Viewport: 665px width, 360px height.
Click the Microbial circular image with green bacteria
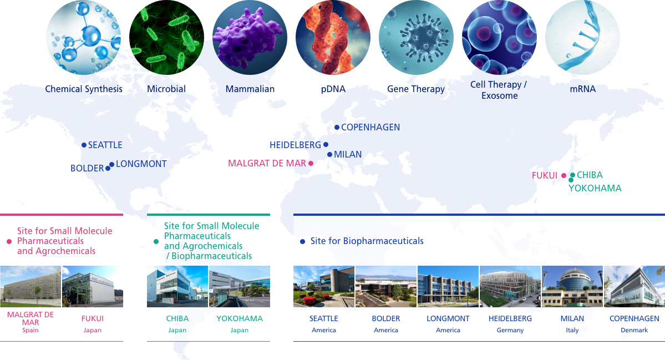click(x=166, y=37)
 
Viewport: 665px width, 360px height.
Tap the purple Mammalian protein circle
click(x=250, y=37)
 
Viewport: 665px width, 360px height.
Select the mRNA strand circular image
click(x=582, y=37)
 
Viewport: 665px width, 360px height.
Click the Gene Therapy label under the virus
click(x=415, y=89)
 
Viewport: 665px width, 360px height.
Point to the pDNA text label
click(x=333, y=89)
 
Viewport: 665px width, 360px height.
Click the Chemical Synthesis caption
click(x=84, y=89)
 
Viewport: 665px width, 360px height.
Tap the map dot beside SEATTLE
click(x=84, y=145)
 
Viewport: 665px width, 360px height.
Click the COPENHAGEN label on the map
click(x=370, y=127)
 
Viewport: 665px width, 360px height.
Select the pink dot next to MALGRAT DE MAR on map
click(x=311, y=163)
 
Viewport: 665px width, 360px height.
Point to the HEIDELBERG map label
click(x=295, y=145)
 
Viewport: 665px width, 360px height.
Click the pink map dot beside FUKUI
click(x=564, y=175)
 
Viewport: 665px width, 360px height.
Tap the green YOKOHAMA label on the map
click(x=595, y=188)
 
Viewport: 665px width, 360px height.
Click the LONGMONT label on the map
click(x=141, y=164)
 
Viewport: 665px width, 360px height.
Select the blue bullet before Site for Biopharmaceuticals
click(x=302, y=242)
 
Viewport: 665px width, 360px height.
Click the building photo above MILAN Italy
click(x=572, y=286)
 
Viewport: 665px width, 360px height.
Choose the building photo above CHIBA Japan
click(x=177, y=286)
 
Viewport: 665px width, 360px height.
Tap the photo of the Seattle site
click(x=323, y=286)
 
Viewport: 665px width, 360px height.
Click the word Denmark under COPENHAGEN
click(x=634, y=330)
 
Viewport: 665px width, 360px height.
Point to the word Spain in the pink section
click(x=31, y=330)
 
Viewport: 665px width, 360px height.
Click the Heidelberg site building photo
click(x=510, y=286)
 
